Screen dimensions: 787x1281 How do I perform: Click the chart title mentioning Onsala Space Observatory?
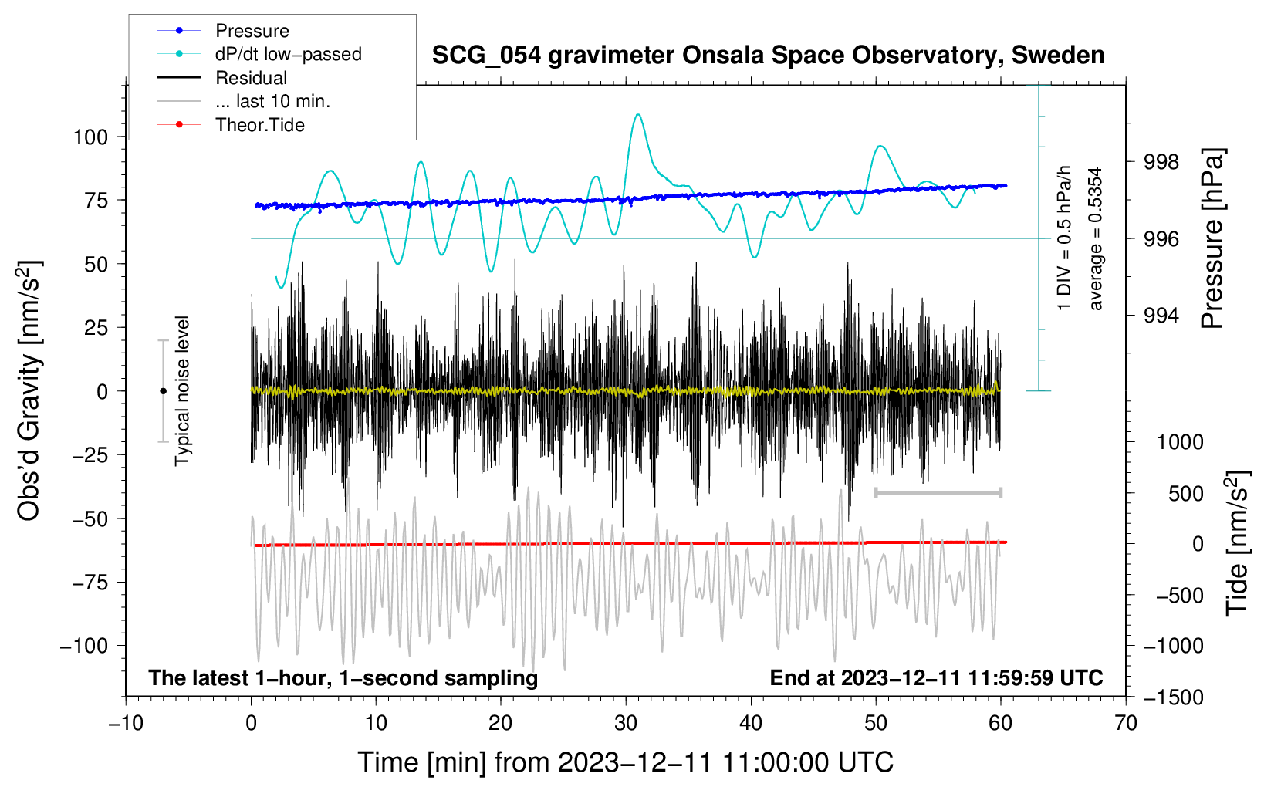click(x=768, y=56)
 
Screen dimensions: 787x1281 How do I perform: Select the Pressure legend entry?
click(x=252, y=31)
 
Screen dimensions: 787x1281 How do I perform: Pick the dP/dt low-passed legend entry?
click(x=288, y=54)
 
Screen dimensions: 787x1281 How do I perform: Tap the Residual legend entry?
click(x=251, y=78)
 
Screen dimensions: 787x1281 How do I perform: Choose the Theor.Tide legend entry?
click(x=259, y=125)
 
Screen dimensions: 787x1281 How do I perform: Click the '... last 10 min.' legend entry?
click(x=272, y=101)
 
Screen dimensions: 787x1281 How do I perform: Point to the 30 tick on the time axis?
click(x=626, y=723)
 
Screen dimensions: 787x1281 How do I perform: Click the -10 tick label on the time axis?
click(x=126, y=723)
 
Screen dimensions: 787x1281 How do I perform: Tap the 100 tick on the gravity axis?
click(x=90, y=137)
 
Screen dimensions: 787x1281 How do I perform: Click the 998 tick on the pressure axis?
click(x=1162, y=162)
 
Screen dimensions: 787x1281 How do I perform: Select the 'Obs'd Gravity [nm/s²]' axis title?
click(x=29, y=390)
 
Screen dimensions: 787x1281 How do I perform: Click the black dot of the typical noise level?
click(x=163, y=391)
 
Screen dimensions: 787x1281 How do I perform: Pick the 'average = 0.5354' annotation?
click(x=1096, y=238)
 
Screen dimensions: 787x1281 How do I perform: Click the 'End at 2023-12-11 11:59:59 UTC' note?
click(x=936, y=677)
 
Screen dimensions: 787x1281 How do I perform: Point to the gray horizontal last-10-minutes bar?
click(x=938, y=492)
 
